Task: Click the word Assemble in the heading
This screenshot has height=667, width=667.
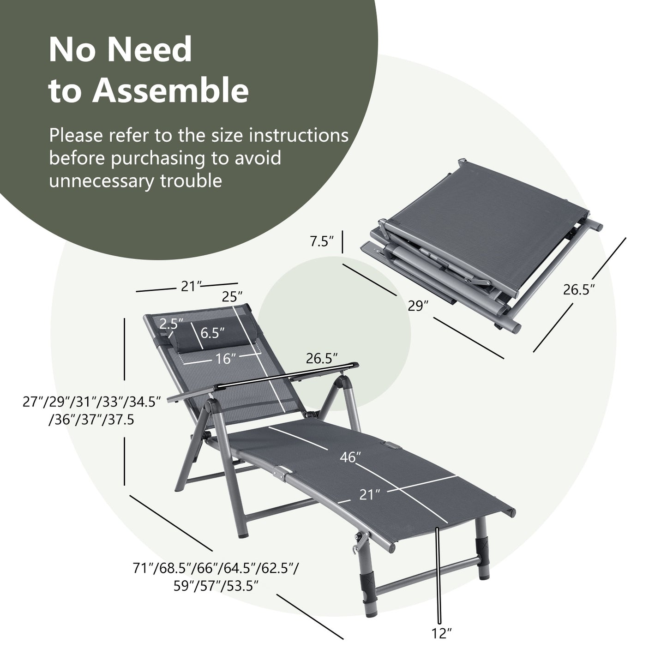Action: click(171, 91)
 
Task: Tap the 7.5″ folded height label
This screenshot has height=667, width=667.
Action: click(322, 242)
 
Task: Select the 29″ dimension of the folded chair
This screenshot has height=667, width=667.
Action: click(419, 306)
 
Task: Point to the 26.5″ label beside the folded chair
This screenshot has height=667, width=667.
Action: click(579, 290)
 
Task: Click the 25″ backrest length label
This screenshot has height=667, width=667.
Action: click(232, 297)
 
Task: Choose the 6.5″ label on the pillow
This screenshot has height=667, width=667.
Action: click(212, 332)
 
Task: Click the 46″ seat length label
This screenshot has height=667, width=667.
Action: click(350, 457)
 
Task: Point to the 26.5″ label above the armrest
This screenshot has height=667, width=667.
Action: click(322, 358)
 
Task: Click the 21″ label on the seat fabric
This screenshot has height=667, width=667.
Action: click(369, 495)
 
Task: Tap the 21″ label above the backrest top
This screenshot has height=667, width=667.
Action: click(189, 287)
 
